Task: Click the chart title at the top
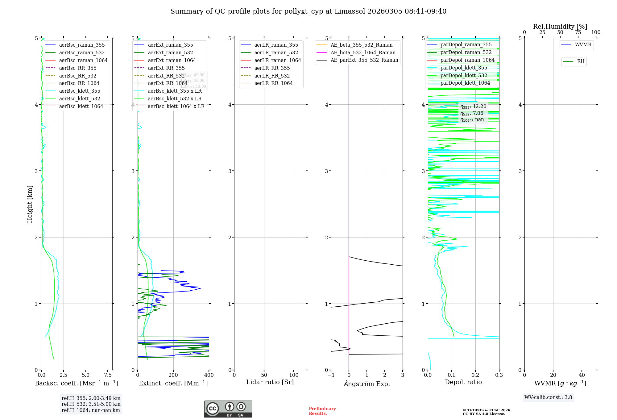tap(308, 11)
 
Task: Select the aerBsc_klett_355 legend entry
tap(80, 91)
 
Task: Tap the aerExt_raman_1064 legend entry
tap(172, 60)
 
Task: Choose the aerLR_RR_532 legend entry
tap(272, 76)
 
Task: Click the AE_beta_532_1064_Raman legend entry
tap(363, 52)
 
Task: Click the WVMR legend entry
tap(583, 45)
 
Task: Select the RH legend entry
tap(581, 61)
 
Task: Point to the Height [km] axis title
tap(30, 204)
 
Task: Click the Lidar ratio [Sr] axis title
tap(270, 382)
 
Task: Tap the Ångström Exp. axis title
tap(367, 384)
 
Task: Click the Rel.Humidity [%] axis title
tap(560, 27)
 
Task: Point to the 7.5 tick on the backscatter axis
tap(108, 375)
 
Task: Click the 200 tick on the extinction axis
tap(173, 375)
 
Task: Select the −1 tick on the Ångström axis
tap(331, 375)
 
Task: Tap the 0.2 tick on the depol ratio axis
tap(475, 375)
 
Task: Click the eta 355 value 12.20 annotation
tap(473, 107)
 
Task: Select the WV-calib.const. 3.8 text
tap(548, 397)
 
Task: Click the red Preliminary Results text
tap(322, 411)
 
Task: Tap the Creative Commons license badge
tap(228, 409)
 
